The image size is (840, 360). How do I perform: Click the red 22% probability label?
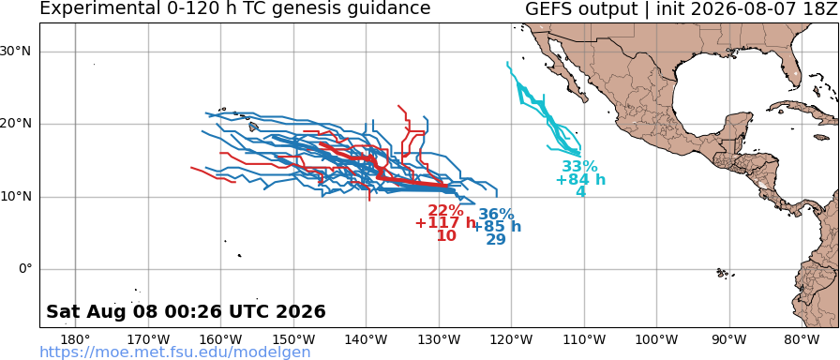point(445,211)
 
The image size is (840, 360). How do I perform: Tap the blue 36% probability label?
point(496,215)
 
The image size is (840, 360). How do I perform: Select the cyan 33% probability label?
point(579,167)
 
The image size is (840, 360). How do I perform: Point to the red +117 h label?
point(445,223)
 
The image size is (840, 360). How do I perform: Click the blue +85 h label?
point(497,227)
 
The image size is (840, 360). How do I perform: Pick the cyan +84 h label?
point(580,179)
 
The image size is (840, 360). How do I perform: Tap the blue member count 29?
point(496,239)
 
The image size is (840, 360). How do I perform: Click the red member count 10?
point(447,235)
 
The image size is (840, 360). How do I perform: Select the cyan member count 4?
point(580,192)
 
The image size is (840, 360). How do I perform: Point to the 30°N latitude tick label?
point(16,52)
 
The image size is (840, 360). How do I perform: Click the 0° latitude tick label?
point(26,269)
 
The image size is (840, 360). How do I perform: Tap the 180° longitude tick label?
point(75,339)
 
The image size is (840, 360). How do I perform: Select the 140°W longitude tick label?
point(367,339)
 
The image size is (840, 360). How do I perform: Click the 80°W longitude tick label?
point(800,339)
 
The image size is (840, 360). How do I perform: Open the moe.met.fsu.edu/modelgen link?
point(175,352)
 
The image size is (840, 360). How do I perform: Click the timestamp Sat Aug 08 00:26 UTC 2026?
point(186,311)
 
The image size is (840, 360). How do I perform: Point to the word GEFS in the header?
point(548,8)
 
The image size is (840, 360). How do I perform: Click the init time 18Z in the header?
point(819,8)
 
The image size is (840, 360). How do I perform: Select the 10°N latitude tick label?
point(16,197)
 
